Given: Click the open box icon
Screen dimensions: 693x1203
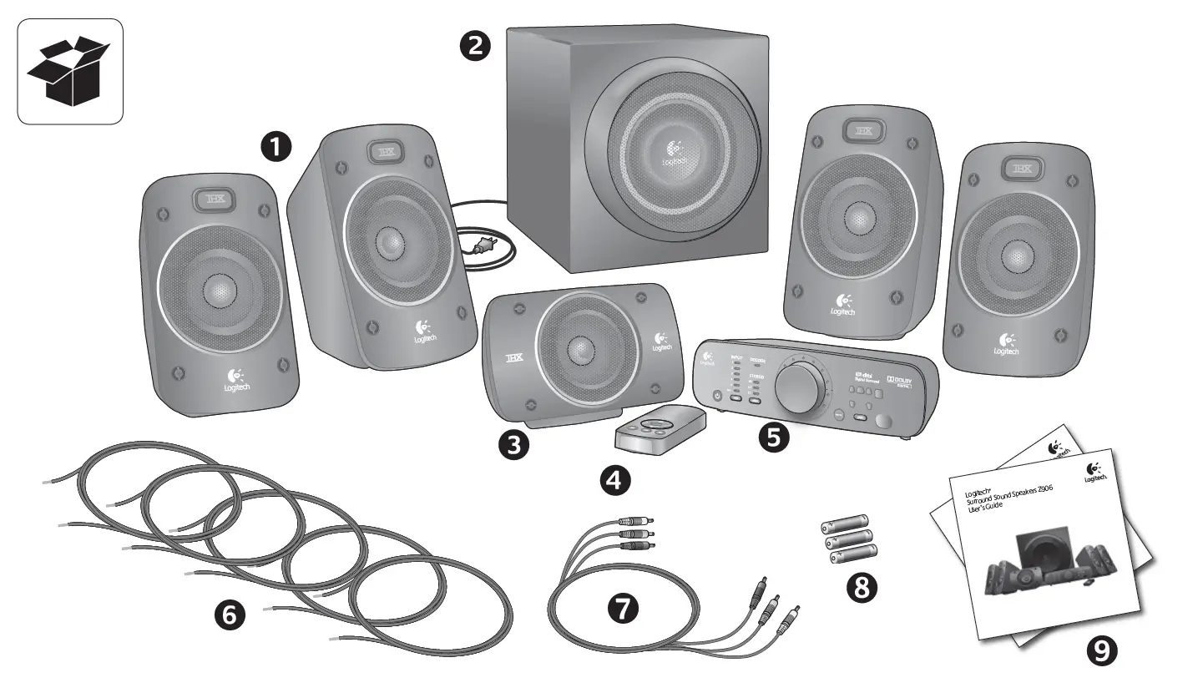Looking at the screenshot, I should pyautogui.click(x=70, y=72).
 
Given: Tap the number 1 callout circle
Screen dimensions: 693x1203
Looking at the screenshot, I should pyautogui.click(x=276, y=147).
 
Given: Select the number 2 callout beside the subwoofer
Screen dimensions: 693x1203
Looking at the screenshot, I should pyautogui.click(x=475, y=45).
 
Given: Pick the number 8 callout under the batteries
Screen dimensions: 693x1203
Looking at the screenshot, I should pyautogui.click(x=862, y=588).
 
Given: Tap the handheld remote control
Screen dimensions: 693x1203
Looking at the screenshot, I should pyautogui.click(x=658, y=429).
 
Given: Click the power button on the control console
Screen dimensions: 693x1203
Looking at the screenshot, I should pyautogui.click(x=715, y=396).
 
